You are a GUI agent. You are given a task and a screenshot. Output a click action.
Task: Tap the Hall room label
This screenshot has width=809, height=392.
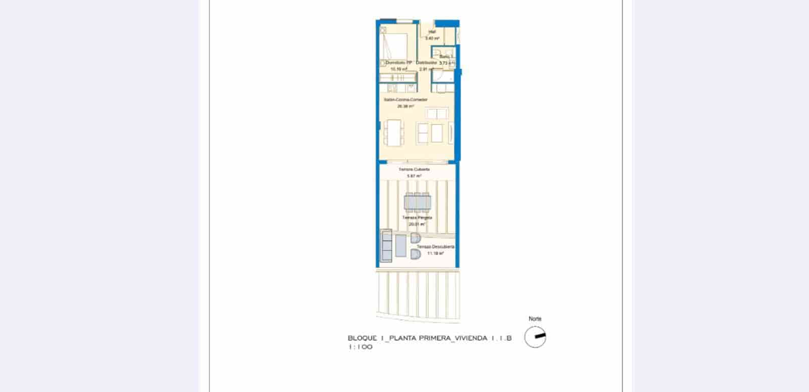click(432, 32)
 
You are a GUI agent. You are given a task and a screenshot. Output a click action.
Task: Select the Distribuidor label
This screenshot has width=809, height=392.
click(426, 63)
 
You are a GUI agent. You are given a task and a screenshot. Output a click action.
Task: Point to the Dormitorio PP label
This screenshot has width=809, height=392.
click(399, 63)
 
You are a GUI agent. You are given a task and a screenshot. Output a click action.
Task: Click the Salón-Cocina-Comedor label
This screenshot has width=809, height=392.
click(406, 100)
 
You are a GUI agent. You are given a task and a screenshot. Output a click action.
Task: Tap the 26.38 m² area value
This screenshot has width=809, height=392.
click(406, 106)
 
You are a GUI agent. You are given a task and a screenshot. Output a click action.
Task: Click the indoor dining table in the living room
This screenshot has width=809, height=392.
click(394, 132)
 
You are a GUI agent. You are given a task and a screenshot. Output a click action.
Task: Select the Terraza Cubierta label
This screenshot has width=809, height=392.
click(414, 169)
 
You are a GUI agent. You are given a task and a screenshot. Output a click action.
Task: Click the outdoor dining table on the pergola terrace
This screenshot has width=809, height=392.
click(418, 202)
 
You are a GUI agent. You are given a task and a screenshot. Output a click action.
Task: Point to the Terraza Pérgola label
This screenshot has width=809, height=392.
click(417, 217)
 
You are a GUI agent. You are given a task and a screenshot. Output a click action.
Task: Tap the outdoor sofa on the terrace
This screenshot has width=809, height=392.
click(386, 246)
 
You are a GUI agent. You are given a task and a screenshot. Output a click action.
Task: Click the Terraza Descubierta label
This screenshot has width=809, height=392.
click(435, 247)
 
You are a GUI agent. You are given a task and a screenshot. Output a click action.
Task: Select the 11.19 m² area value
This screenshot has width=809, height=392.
click(435, 253)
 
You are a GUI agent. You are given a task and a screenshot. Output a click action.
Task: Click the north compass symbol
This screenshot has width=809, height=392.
click(535, 337)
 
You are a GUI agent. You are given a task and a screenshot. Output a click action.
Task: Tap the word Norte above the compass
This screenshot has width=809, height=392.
click(535, 319)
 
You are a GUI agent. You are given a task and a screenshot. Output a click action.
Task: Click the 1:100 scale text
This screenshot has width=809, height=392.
click(361, 347)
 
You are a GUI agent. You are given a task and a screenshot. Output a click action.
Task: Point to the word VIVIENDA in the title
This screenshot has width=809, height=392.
click(471, 338)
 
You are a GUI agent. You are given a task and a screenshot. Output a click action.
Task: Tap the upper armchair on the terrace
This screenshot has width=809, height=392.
click(415, 238)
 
